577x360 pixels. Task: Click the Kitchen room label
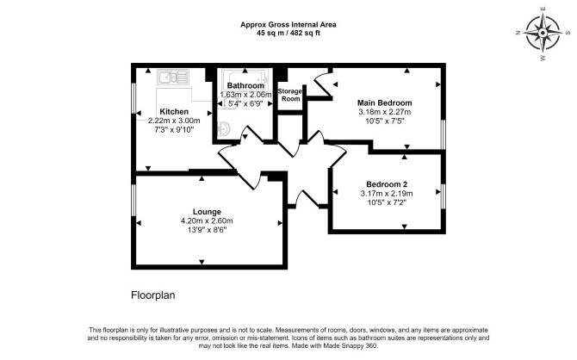tap(174, 112)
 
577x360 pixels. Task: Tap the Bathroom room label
tap(245, 86)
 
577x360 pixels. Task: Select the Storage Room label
tap(290, 95)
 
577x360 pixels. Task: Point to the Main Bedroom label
tap(385, 102)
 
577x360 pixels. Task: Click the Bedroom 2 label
tap(387, 184)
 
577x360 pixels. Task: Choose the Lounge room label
tap(207, 212)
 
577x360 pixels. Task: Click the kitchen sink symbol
tap(173, 78)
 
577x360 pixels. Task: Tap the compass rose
tap(543, 34)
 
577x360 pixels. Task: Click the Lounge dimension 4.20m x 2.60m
tap(207, 220)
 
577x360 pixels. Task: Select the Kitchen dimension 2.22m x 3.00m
tap(174, 121)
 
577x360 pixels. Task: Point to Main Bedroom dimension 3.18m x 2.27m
tap(385, 112)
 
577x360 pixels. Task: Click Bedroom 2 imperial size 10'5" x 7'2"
tap(387, 202)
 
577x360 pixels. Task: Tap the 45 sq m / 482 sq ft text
tap(288, 33)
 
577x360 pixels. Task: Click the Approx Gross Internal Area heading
tap(288, 25)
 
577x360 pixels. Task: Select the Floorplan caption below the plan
tap(153, 295)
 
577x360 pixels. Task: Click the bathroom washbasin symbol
tap(224, 129)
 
